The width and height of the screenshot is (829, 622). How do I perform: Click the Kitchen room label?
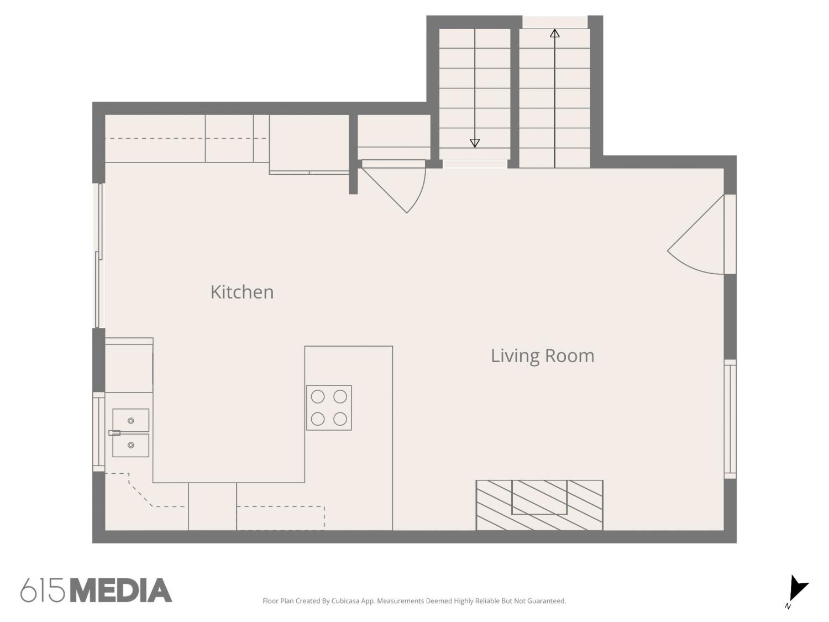[x=242, y=292]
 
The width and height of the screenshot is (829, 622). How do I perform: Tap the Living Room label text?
[x=542, y=356]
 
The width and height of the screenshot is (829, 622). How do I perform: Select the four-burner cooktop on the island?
[x=329, y=408]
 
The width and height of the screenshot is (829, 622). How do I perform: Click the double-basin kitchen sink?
[x=130, y=433]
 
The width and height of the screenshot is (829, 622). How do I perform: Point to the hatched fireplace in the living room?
[x=539, y=505]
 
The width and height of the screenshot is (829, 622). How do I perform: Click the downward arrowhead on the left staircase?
[x=475, y=143]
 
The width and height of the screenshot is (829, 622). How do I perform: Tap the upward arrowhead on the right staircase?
[x=555, y=33]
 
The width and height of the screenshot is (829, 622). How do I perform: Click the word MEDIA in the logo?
[x=122, y=590]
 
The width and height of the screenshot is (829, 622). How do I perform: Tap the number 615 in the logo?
[x=43, y=590]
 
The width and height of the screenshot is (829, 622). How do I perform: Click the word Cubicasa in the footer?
[x=345, y=601]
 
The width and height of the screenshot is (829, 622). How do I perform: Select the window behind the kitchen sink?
[x=98, y=432]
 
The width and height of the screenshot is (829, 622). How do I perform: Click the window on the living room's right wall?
[x=731, y=419]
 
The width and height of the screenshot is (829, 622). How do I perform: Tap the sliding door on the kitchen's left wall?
[x=99, y=255]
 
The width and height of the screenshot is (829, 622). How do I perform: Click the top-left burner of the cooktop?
[x=318, y=396]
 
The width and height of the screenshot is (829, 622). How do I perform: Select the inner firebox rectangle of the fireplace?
[x=539, y=497]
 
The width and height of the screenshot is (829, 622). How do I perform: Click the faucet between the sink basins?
[x=114, y=433]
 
